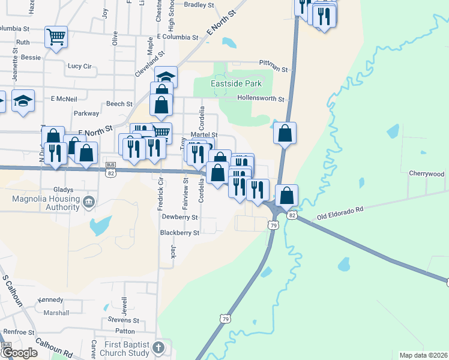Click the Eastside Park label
pos(236,85)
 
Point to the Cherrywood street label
pos(426,173)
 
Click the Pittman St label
pos(274,62)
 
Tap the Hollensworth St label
pos(260,97)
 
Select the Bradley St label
pos(199,5)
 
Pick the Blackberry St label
pos(179,233)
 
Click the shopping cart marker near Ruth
pos(56,37)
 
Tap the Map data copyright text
pos(424,355)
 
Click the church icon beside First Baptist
pos(158,347)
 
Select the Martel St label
pos(203,135)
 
